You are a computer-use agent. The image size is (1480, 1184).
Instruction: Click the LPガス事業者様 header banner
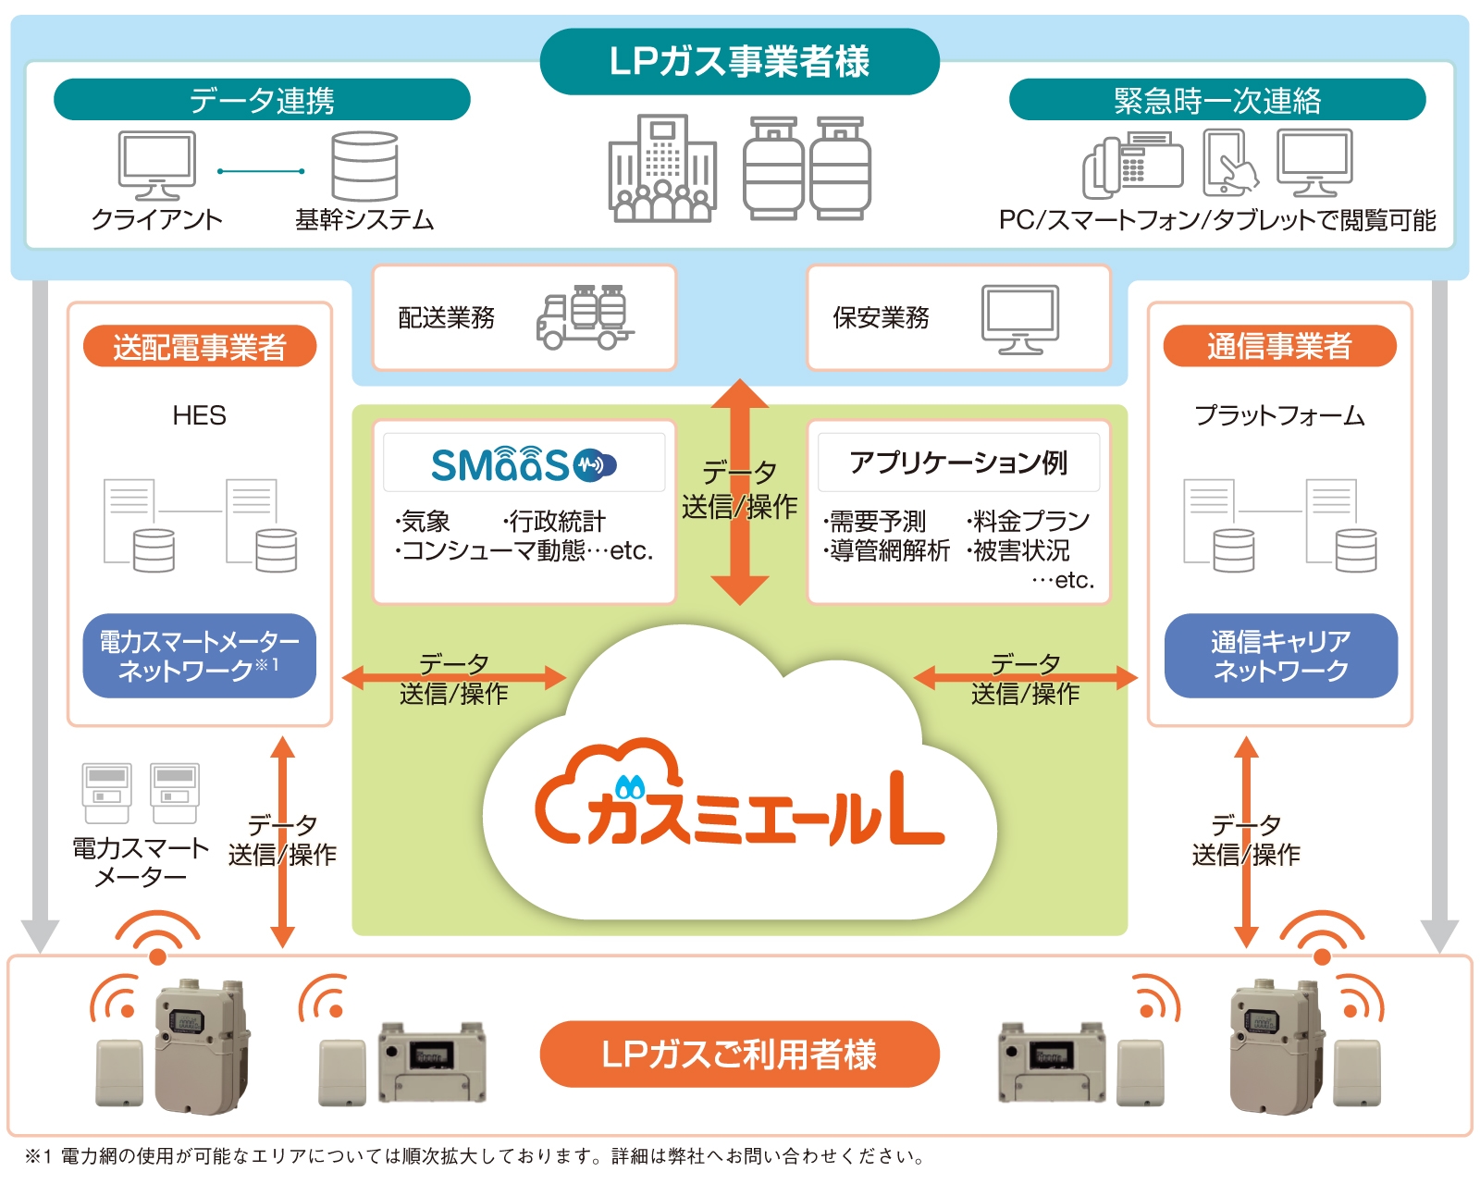click(739, 61)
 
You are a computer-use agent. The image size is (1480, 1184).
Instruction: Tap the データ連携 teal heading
click(262, 100)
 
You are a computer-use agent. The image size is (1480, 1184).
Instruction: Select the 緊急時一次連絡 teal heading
click(1216, 100)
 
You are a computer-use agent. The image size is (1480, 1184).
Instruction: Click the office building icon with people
click(662, 169)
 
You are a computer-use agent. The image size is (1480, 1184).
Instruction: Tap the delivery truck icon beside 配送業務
click(584, 317)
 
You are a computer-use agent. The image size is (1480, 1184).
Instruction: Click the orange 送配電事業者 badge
click(200, 347)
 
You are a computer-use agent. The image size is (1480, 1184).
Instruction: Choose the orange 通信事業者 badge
click(1278, 346)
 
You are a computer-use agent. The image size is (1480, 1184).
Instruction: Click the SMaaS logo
click(524, 464)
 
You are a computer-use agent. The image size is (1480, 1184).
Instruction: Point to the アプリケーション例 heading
click(958, 462)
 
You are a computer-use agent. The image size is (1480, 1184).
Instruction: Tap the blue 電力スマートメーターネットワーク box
click(200, 655)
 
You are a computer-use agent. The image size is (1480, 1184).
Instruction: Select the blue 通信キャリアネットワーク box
click(1280, 655)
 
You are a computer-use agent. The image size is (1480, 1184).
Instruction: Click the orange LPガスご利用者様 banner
click(739, 1054)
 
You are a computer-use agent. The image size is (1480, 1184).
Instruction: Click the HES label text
click(199, 415)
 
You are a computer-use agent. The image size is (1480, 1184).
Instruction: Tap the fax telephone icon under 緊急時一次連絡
click(1132, 166)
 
